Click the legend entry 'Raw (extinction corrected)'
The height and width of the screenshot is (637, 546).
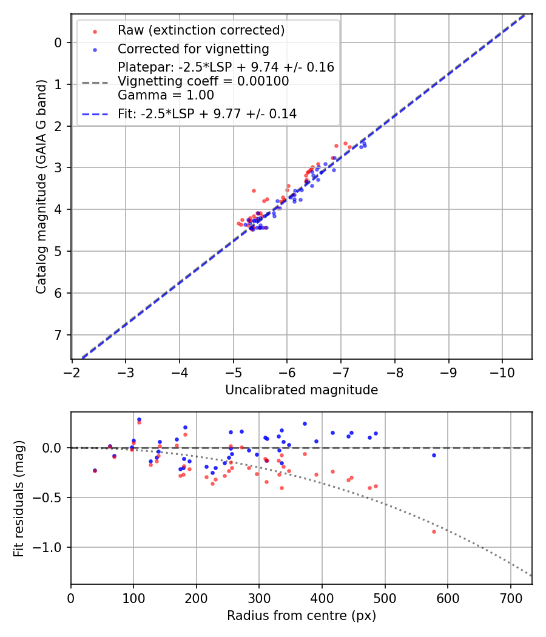(201, 30)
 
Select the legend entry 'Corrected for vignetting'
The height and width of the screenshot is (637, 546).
(193, 49)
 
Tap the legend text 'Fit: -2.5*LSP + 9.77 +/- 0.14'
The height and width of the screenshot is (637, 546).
(207, 113)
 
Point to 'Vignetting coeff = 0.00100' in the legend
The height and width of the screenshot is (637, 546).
(203, 81)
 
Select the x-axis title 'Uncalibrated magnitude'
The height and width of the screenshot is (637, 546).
(302, 390)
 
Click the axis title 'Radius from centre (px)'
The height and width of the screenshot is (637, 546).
(302, 616)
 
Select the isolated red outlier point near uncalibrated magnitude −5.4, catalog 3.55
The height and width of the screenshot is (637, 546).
(254, 190)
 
